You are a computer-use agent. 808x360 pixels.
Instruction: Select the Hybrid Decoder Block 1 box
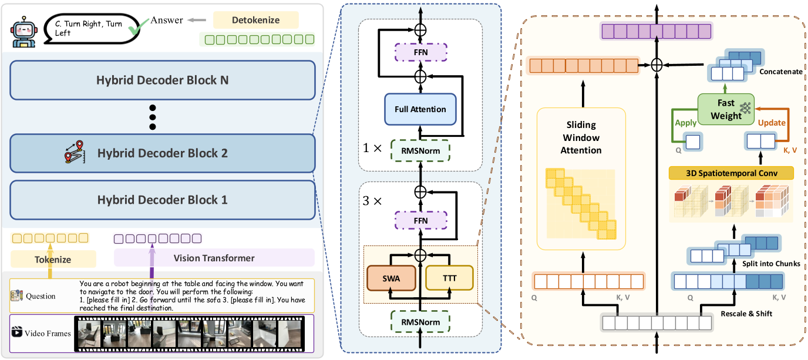(162, 200)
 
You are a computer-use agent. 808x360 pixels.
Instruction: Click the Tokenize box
(53, 259)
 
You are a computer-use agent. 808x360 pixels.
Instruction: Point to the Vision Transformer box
(214, 258)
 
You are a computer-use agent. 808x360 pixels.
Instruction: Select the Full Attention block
(420, 109)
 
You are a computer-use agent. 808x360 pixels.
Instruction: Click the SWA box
(392, 278)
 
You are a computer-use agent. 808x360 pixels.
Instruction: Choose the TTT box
(449, 278)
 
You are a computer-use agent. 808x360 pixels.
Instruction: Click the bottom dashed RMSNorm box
(420, 322)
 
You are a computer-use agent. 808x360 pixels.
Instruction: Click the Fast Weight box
(726, 110)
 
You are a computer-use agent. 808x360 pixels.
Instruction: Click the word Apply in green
(686, 123)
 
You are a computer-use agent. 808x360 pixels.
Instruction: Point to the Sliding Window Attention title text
(581, 137)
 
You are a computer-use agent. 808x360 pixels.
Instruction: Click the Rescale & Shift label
(746, 314)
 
